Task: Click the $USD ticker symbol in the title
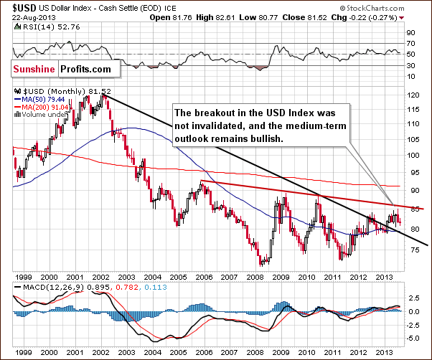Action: click(x=15, y=7)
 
